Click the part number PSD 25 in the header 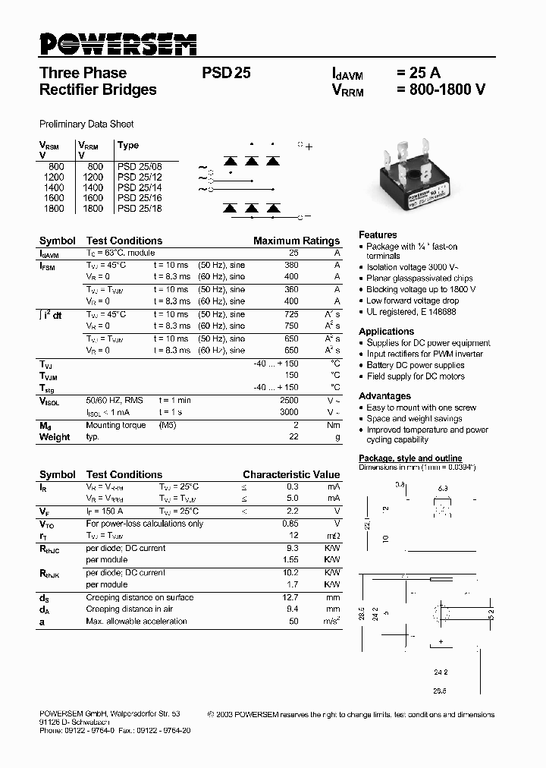[226, 74]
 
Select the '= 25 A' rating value [418, 74]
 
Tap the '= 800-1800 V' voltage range [441, 90]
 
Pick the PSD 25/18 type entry [139, 208]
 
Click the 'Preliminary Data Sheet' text [86, 124]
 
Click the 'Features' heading [378, 234]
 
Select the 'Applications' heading [386, 331]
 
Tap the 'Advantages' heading [384, 395]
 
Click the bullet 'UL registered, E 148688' [411, 311]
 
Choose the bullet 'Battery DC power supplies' [415, 365]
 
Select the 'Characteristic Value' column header [291, 474]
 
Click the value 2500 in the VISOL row [289, 399]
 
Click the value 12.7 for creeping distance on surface [290, 597]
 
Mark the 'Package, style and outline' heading [410, 458]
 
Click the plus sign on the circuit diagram [309, 147]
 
